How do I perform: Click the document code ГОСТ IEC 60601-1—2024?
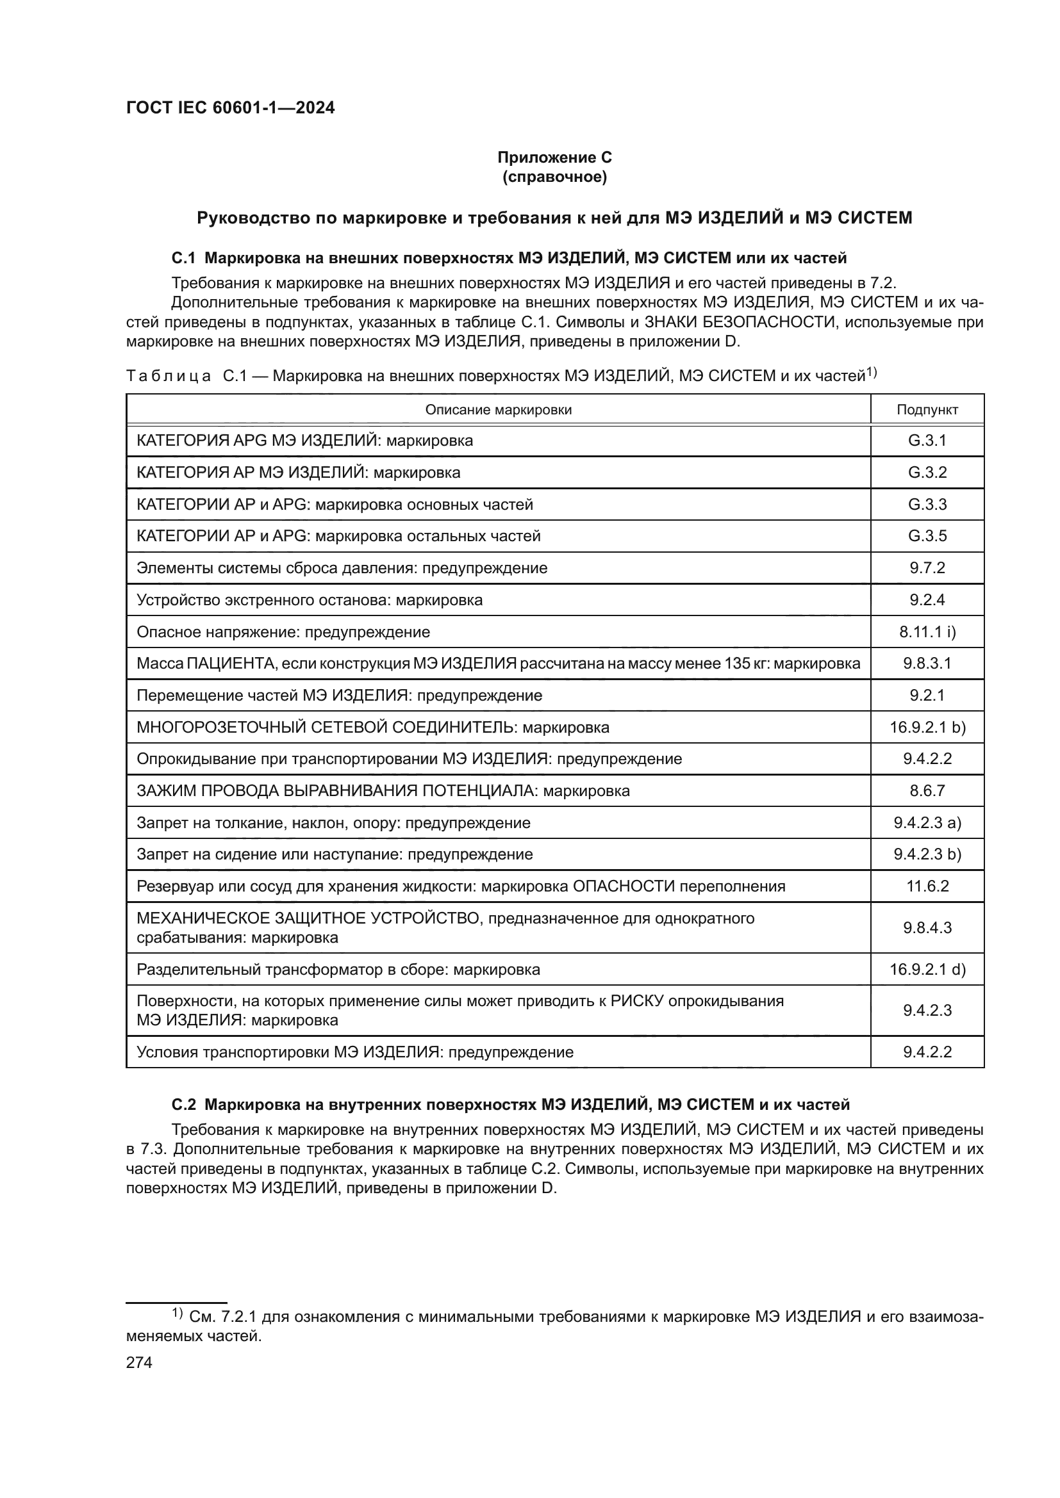[230, 108]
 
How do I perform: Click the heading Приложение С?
[554, 158]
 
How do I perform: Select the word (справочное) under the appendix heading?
[554, 177]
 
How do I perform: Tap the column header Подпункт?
[927, 410]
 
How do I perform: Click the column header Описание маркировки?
[498, 410]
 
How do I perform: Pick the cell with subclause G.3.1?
[927, 441]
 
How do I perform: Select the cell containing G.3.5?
[927, 535]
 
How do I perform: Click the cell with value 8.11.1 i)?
[927, 631]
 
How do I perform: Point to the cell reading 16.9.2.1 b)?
[927, 727]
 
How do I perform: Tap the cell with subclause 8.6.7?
[927, 791]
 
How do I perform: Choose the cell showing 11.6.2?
[927, 886]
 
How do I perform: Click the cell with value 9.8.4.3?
[927, 928]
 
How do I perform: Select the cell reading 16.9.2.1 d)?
[927, 970]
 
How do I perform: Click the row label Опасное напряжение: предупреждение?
[283, 631]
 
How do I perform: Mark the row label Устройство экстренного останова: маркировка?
[310, 599]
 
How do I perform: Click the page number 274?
[139, 1362]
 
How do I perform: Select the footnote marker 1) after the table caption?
[872, 373]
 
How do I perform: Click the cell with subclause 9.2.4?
[927, 599]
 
